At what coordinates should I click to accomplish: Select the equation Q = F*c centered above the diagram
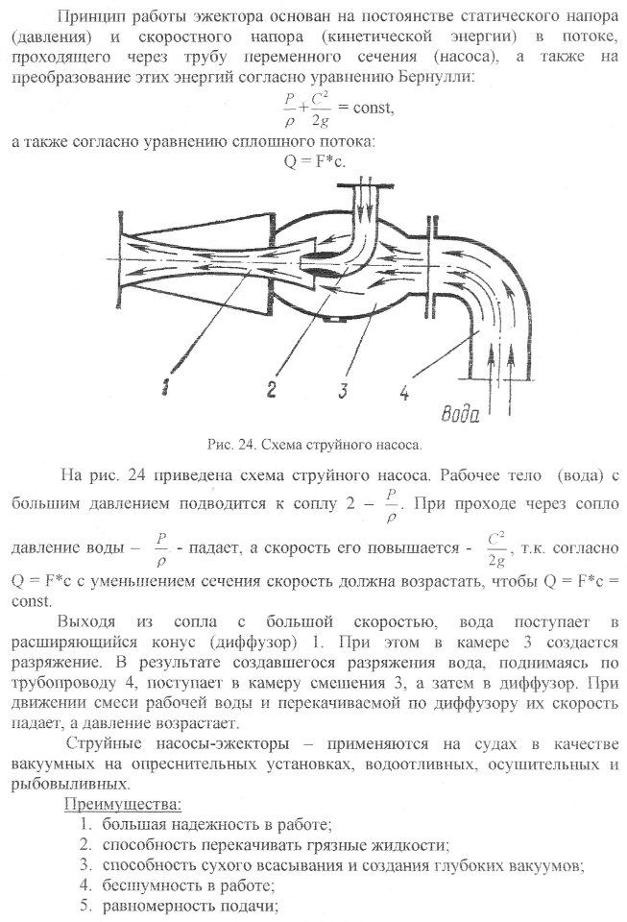314,160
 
